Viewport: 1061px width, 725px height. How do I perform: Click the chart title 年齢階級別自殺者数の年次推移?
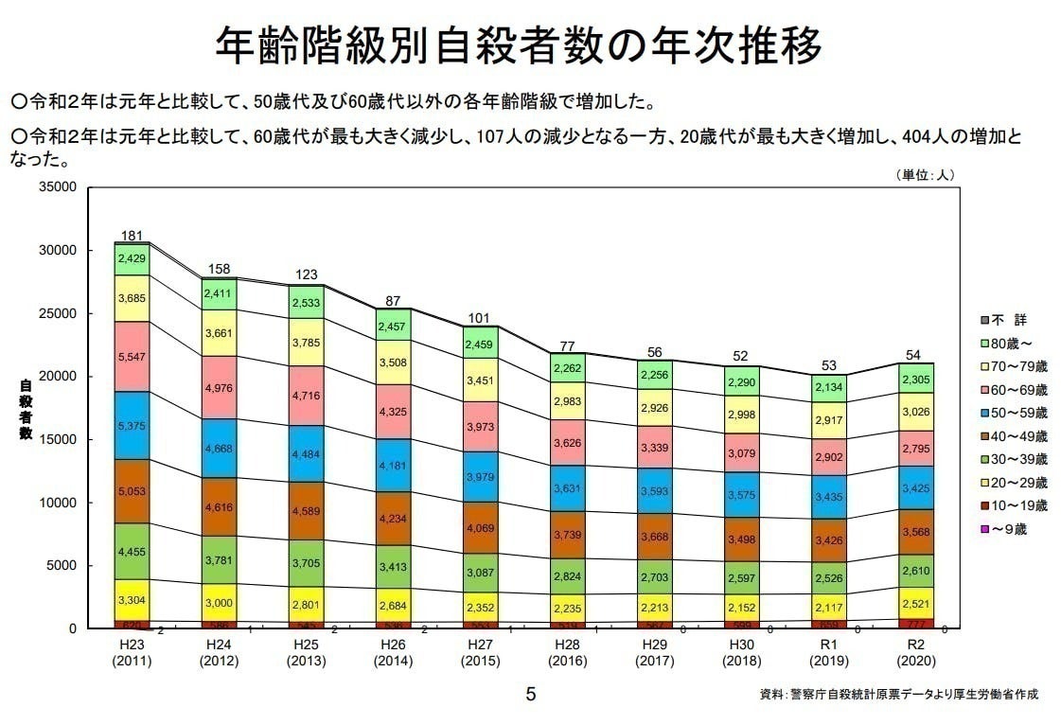pyautogui.click(x=518, y=44)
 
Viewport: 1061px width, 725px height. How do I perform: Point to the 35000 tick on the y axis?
pyautogui.click(x=58, y=187)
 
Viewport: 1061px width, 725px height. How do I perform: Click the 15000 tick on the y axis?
pyautogui.click(x=58, y=440)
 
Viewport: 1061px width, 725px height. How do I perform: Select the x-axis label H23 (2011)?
pyautogui.click(x=133, y=653)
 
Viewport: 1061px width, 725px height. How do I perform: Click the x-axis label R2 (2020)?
pyautogui.click(x=915, y=653)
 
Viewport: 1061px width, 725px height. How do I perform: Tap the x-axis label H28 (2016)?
pyautogui.click(x=567, y=653)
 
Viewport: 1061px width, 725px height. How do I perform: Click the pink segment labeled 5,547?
pyautogui.click(x=133, y=357)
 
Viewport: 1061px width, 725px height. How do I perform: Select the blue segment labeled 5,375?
pyautogui.click(x=133, y=426)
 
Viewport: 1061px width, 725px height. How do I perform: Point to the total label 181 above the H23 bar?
pyautogui.click(x=133, y=236)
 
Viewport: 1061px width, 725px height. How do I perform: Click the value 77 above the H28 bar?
pyautogui.click(x=567, y=345)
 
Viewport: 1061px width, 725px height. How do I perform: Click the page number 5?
pyautogui.click(x=530, y=695)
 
